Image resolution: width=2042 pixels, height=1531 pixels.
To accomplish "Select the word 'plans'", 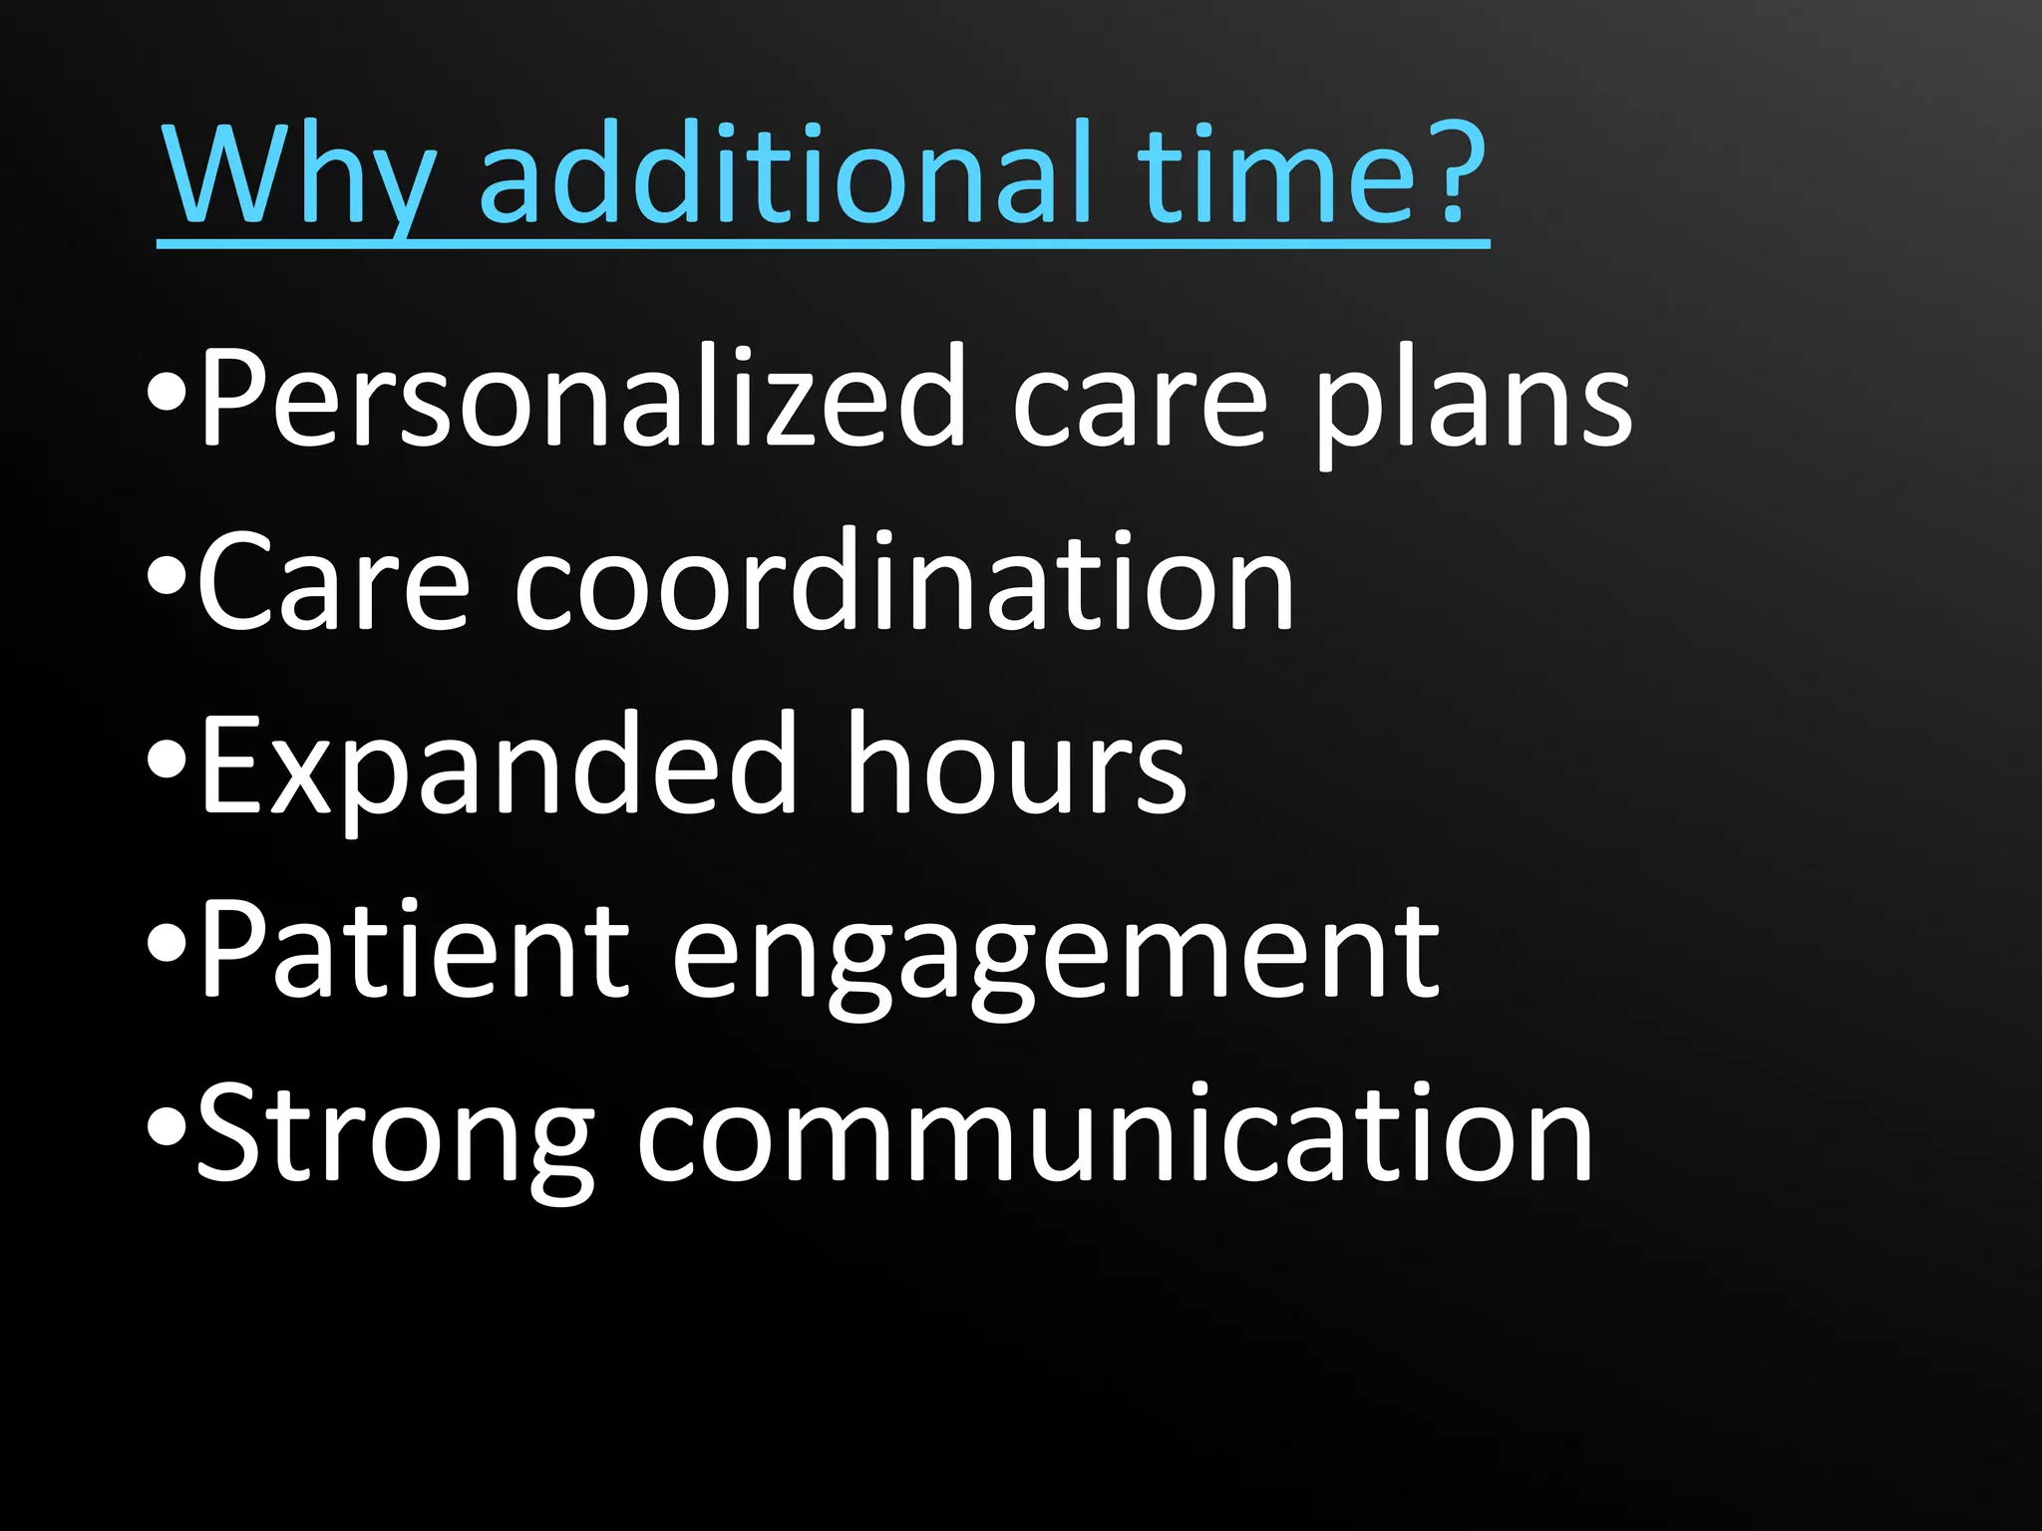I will [x=1472, y=404].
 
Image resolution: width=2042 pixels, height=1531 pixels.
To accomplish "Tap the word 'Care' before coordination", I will [x=334, y=583].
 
